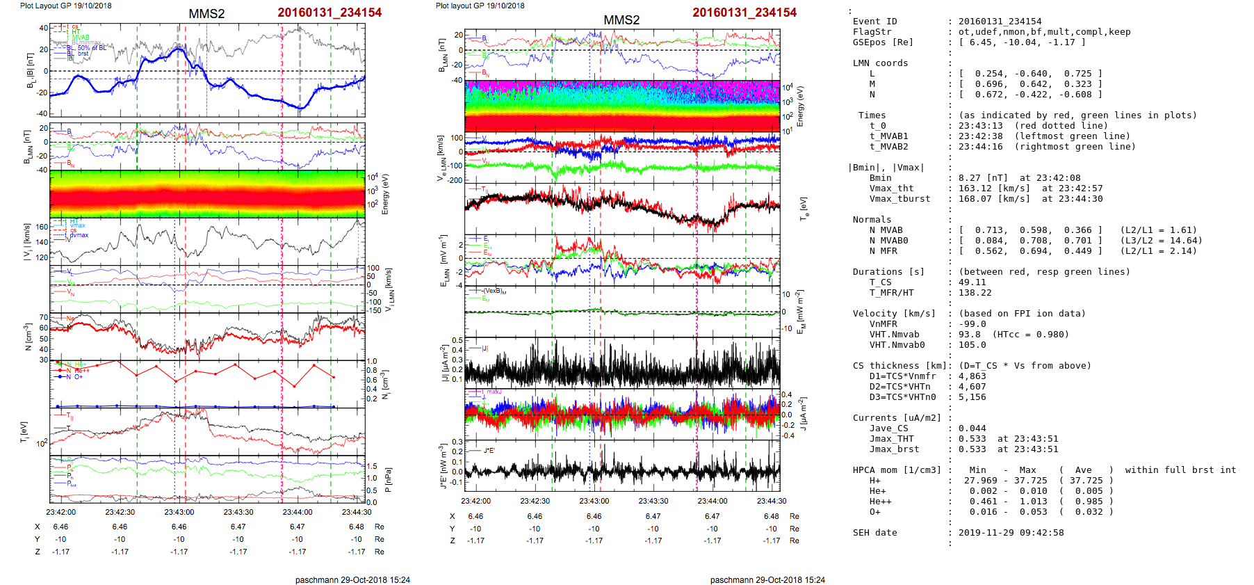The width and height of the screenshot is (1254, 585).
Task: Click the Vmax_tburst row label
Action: (894, 199)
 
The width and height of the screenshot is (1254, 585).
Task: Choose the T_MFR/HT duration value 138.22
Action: (975, 293)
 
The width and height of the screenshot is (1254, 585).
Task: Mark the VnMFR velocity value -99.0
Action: (972, 324)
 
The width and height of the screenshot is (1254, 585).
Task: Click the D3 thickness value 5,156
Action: (972, 397)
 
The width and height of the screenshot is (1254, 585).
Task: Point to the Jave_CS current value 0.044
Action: (972, 428)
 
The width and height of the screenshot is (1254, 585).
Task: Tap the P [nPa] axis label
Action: (388, 479)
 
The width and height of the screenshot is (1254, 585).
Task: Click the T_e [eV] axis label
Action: (804, 208)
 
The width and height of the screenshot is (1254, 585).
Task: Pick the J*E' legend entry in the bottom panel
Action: (489, 450)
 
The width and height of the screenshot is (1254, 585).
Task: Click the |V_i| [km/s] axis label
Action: (27, 241)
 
